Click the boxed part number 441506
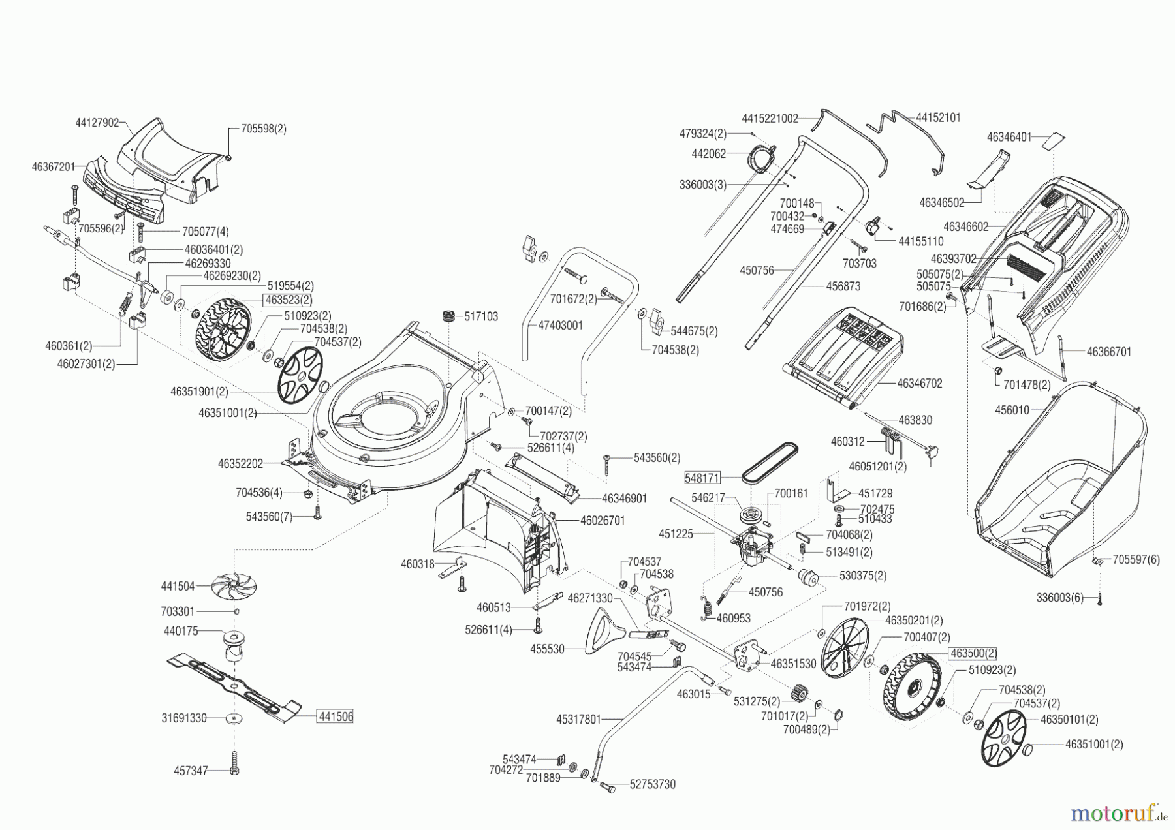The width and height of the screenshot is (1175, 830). tap(336, 716)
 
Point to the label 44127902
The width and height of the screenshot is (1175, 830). tap(97, 122)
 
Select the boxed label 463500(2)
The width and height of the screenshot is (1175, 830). tap(973, 653)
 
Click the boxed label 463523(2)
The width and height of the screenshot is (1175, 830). tap(287, 300)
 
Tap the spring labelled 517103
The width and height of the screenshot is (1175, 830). tap(448, 318)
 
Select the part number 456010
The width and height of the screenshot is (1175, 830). tap(1012, 410)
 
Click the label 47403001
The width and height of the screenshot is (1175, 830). tap(560, 325)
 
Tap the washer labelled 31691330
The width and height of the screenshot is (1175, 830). tap(234, 718)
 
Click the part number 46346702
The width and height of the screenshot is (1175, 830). tap(919, 384)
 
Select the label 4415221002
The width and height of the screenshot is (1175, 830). tap(770, 119)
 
